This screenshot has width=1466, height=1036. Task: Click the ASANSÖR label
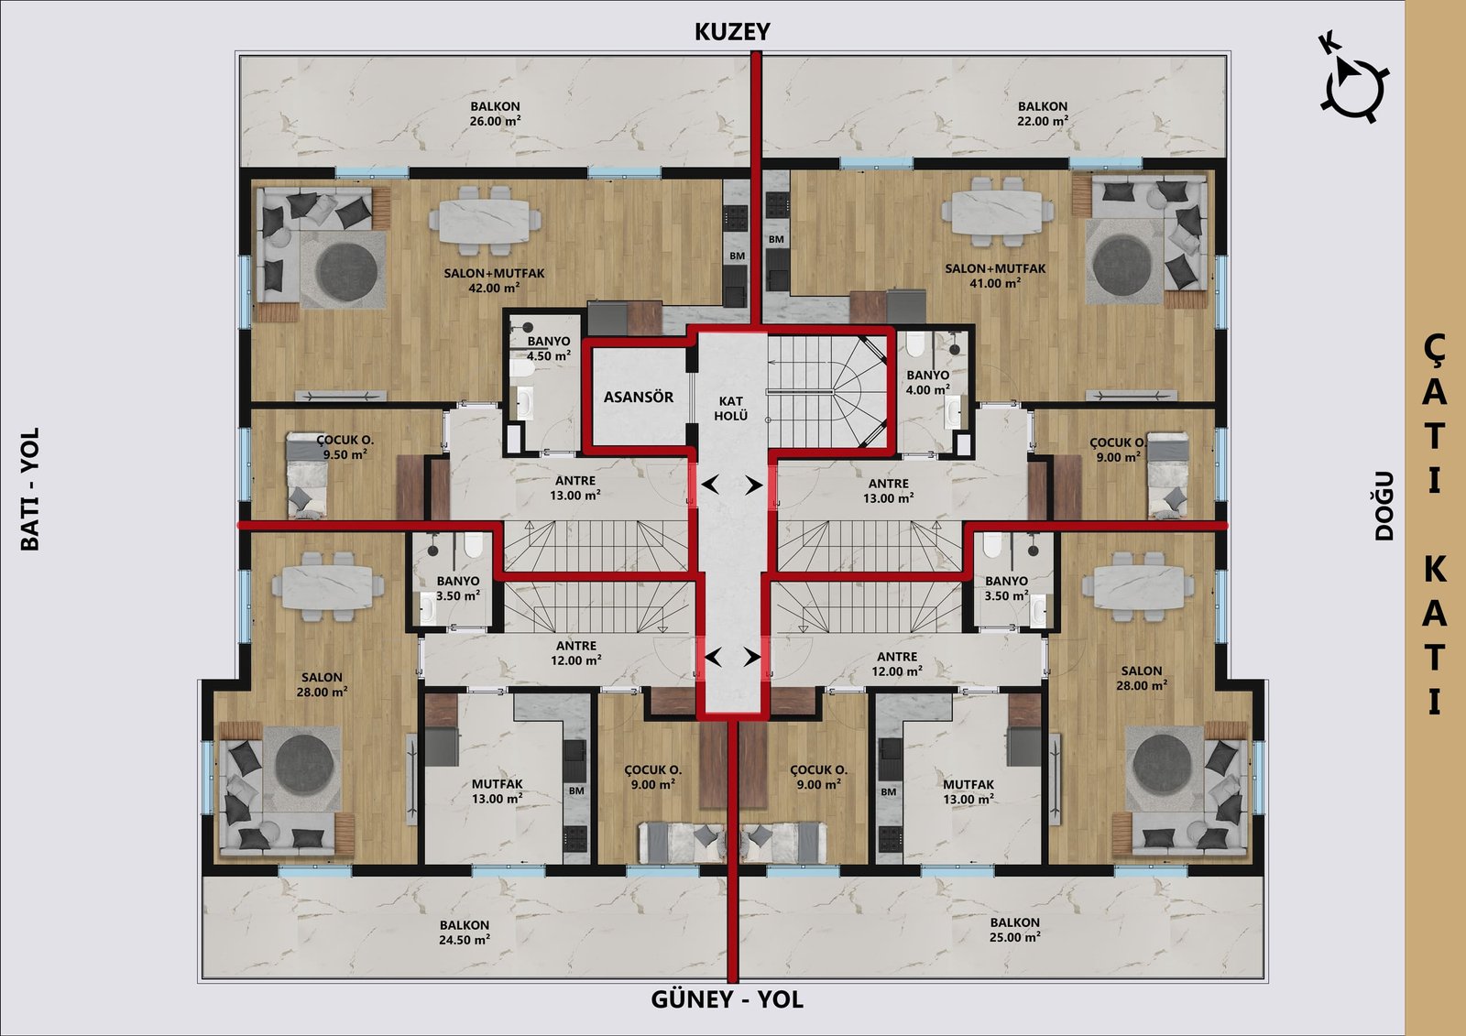point(638,398)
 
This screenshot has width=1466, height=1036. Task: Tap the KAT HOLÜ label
point(730,409)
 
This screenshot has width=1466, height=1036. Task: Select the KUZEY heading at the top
point(732,31)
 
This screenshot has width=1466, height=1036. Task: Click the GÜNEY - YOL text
point(728,999)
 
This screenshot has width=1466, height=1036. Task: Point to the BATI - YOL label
point(30,489)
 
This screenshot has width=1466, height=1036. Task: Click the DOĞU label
point(1384,507)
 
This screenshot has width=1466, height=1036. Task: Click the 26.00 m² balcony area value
point(495,121)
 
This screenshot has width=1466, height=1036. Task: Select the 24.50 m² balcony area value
point(465,940)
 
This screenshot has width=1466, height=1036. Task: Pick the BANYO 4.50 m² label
point(549,349)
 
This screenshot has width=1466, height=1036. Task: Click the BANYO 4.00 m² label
point(928,382)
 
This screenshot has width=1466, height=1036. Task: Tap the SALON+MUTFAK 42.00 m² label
point(494,281)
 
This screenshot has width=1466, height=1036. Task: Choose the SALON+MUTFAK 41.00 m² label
point(995,276)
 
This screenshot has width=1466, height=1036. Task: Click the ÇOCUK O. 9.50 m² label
point(345,448)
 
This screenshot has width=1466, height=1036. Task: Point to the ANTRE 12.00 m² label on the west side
point(576,653)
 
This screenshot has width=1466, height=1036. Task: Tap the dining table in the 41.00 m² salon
point(998,212)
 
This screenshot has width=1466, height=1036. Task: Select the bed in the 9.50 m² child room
point(306,475)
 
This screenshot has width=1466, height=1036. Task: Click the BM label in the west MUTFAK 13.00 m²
point(576,791)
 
